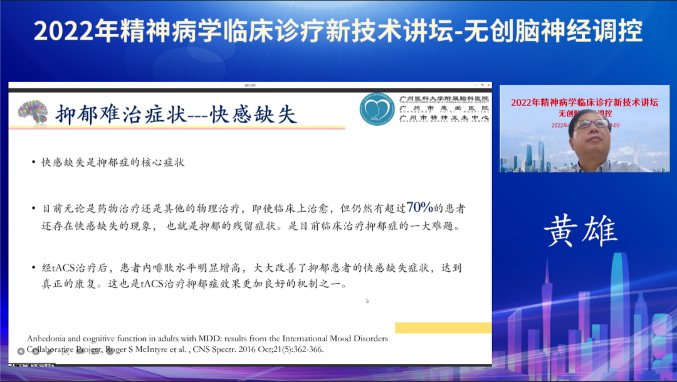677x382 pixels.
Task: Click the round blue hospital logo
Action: point(377,110)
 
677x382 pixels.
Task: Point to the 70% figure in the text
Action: point(419,207)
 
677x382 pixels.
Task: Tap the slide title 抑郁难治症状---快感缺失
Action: point(176,115)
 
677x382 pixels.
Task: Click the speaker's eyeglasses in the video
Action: point(592,123)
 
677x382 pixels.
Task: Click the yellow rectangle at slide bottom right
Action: point(443,328)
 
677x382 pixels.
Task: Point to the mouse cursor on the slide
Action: point(367,301)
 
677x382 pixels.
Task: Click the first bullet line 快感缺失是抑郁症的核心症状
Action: point(113,162)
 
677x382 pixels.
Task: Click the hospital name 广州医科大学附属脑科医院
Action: point(444,99)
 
